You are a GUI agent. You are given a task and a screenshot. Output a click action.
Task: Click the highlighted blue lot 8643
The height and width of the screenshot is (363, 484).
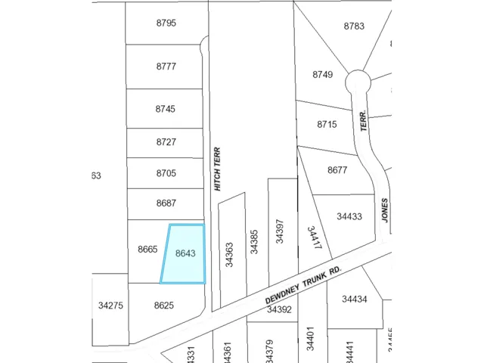pyautogui.click(x=185, y=254)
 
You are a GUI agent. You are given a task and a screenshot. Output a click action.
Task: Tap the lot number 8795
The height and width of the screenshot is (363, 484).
pyautogui.click(x=166, y=23)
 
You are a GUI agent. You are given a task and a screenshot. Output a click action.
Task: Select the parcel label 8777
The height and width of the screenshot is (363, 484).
pyautogui.click(x=166, y=67)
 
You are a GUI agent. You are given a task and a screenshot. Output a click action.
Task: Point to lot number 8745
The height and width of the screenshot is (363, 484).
pyautogui.click(x=166, y=109)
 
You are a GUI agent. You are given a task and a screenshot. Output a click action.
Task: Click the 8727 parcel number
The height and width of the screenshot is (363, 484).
pyautogui.click(x=166, y=142)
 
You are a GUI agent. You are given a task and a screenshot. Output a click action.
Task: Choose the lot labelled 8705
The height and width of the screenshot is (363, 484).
pyautogui.click(x=166, y=173)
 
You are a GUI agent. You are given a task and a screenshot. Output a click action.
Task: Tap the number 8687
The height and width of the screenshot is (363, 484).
pyautogui.click(x=166, y=203)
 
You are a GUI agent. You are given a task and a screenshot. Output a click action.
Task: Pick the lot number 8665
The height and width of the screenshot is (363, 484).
pyautogui.click(x=147, y=250)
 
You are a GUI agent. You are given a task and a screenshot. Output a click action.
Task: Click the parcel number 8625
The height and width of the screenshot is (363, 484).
pyautogui.click(x=163, y=306)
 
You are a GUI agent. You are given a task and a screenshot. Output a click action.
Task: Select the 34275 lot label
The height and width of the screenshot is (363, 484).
pyautogui.click(x=110, y=306)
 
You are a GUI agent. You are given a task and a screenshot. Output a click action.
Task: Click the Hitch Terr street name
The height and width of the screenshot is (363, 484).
pyautogui.click(x=217, y=168)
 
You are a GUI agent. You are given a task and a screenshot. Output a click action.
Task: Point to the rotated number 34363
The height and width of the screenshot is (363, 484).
pyautogui.click(x=229, y=254)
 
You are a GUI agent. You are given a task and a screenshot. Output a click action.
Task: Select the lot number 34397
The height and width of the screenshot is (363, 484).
pyautogui.click(x=280, y=230)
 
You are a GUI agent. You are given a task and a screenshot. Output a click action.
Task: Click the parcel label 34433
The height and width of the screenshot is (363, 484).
pyautogui.click(x=349, y=216)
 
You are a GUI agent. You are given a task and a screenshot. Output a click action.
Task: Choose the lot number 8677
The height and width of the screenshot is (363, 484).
pyautogui.click(x=337, y=170)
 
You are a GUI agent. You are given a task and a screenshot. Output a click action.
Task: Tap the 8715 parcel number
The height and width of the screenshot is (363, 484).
pyautogui.click(x=327, y=124)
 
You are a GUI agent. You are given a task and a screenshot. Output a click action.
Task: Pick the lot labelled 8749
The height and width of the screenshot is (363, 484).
pyautogui.click(x=322, y=74)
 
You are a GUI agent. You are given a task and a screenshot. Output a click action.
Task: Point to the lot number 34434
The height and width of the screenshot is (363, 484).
pyautogui.click(x=354, y=299)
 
